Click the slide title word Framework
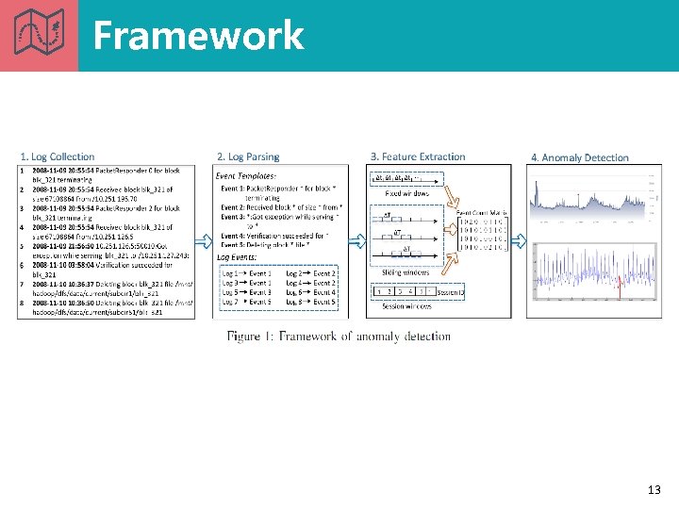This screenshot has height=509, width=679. pyautogui.click(x=198, y=36)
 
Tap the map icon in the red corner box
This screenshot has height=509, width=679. pyautogui.click(x=39, y=35)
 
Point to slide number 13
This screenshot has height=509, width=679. pyautogui.click(x=654, y=490)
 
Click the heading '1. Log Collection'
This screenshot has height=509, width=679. pyautogui.click(x=58, y=156)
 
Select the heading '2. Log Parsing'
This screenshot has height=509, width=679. pyautogui.click(x=248, y=156)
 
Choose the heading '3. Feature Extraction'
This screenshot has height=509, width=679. pyautogui.click(x=418, y=156)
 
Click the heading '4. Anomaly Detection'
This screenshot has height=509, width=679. pyautogui.click(x=579, y=157)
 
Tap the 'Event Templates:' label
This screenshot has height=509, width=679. pyautogui.click(x=246, y=175)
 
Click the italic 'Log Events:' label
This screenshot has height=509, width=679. pyautogui.click(x=238, y=256)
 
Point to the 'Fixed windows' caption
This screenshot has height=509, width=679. pyautogui.click(x=406, y=193)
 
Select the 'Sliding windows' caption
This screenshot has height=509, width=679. pyautogui.click(x=406, y=272)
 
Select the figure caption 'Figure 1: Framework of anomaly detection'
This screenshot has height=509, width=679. pyautogui.click(x=339, y=337)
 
